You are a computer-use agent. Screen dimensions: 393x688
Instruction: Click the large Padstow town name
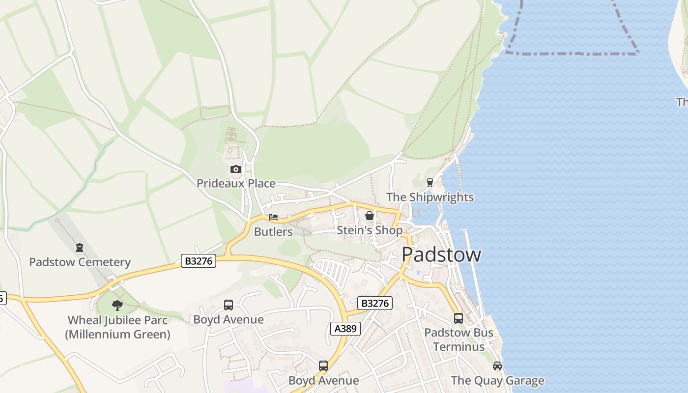click(x=441, y=254)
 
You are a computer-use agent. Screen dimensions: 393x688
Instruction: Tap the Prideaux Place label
click(x=236, y=183)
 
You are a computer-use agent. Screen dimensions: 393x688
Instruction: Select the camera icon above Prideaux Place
click(x=236, y=169)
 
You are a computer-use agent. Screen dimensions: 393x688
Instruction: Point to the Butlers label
click(x=273, y=231)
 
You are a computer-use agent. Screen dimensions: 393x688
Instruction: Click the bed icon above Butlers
click(x=273, y=217)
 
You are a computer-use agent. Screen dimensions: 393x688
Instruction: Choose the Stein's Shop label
click(x=370, y=230)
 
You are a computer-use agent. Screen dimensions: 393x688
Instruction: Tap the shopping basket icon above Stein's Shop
click(x=370, y=216)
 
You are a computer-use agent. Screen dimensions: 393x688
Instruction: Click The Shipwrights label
click(x=430, y=197)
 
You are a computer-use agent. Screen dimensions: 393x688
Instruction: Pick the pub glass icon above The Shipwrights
click(x=430, y=183)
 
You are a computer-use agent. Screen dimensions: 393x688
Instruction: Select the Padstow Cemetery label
click(x=80, y=262)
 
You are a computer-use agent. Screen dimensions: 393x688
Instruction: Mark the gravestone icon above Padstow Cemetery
click(x=80, y=248)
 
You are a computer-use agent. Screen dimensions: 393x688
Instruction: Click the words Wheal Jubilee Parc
click(x=117, y=320)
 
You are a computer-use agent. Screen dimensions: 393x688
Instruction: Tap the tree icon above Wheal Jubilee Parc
click(x=117, y=306)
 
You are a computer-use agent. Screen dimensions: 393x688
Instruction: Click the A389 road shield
click(x=345, y=329)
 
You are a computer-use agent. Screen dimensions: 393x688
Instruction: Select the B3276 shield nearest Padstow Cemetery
click(x=199, y=261)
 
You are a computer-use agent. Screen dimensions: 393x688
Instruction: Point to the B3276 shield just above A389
click(x=375, y=303)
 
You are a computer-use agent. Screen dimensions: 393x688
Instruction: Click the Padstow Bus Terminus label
click(x=459, y=339)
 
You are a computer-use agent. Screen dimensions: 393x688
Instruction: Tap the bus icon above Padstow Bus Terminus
click(x=459, y=318)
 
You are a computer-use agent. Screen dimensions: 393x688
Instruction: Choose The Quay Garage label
click(x=497, y=380)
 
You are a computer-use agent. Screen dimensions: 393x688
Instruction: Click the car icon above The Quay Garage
click(x=497, y=366)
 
